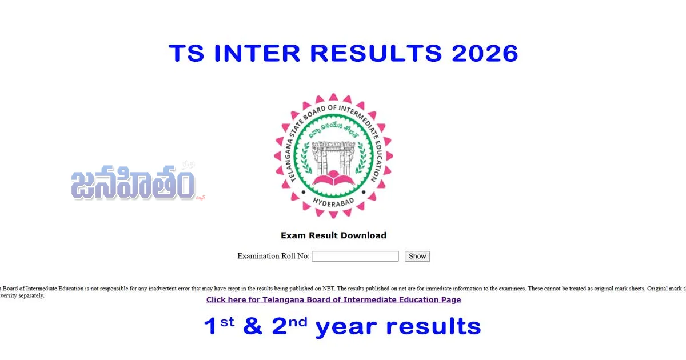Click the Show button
[417, 257]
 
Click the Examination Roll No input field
[355, 257]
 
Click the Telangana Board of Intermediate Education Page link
[333, 299]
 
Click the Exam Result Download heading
[333, 235]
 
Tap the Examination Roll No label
[273, 256]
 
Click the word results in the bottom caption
[433, 326]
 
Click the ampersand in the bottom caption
[253, 326]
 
